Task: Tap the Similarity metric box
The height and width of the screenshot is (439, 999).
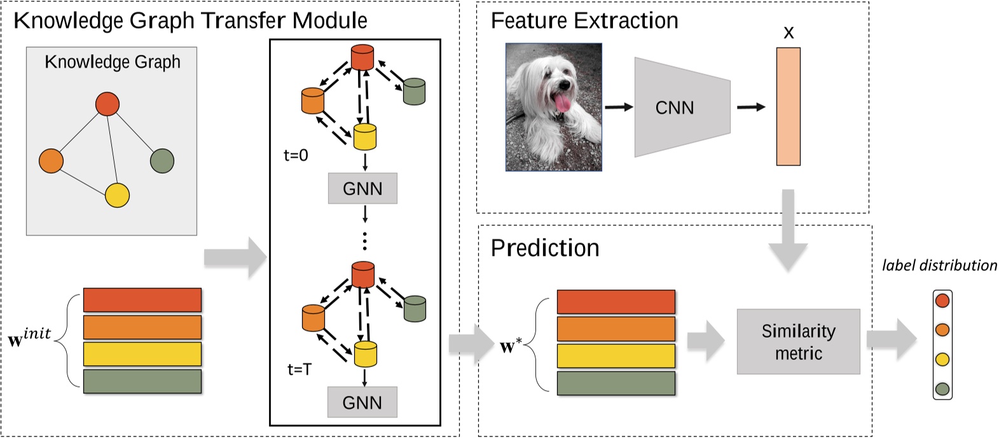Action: tap(798, 342)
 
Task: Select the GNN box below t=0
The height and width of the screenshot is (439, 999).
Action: tap(362, 188)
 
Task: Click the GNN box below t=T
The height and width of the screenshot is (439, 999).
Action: tap(362, 402)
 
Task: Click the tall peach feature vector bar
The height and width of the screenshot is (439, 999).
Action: tap(788, 106)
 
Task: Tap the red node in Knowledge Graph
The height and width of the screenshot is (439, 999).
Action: tap(107, 104)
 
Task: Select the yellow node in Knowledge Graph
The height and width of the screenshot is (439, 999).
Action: tap(117, 195)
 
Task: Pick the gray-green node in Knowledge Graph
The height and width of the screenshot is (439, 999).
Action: tap(162, 160)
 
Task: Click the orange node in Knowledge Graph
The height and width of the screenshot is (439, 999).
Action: tap(51, 161)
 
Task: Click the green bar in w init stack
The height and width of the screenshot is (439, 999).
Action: tap(142, 381)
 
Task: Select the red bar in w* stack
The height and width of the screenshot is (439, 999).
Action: tap(616, 302)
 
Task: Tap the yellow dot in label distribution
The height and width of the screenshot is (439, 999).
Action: tap(942, 359)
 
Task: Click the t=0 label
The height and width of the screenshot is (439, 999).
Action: tap(296, 155)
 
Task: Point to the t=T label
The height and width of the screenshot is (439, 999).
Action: tap(300, 369)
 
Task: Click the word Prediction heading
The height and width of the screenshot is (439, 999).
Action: tap(545, 247)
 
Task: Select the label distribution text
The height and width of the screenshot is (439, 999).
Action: tap(939, 265)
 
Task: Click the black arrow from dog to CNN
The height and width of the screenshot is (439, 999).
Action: tap(618, 107)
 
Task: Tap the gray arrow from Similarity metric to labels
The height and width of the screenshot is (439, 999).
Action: tap(891, 339)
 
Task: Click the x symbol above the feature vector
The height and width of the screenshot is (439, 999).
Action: tap(789, 32)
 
